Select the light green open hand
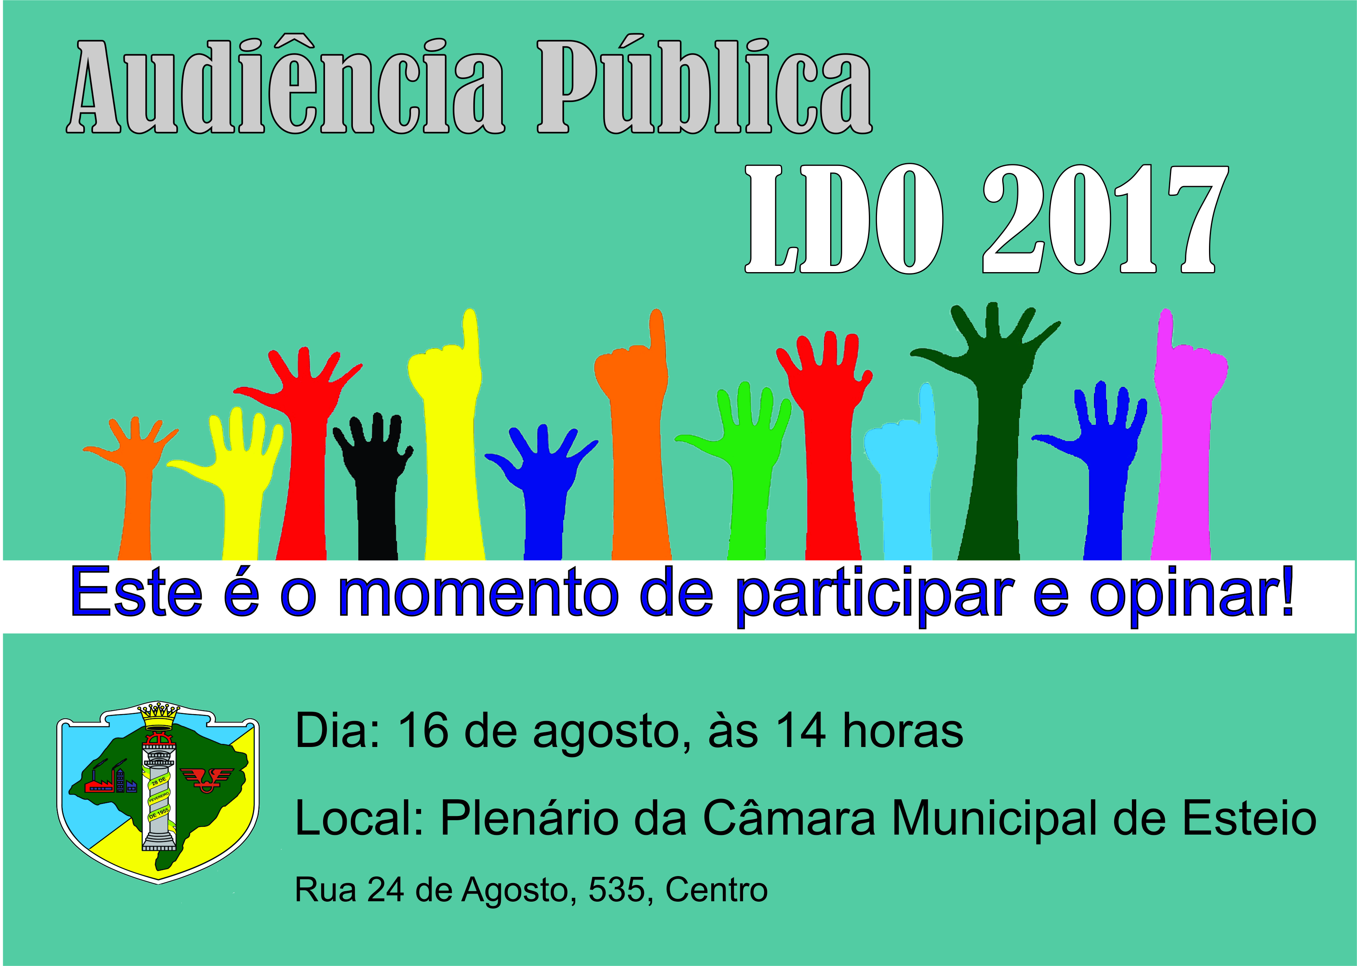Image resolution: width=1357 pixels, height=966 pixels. (743, 470)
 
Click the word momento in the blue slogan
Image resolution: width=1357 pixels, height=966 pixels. (476, 595)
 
